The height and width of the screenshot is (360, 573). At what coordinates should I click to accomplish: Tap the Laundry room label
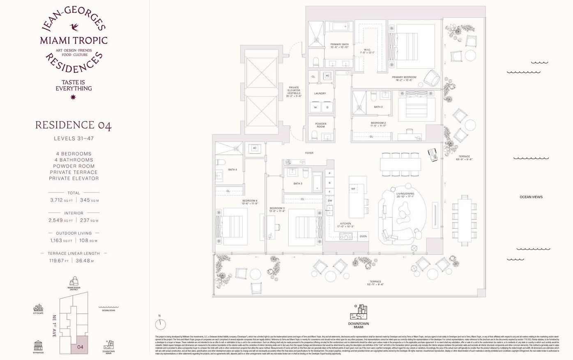click(x=320, y=93)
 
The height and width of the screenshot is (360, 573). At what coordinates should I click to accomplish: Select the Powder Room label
click(x=321, y=125)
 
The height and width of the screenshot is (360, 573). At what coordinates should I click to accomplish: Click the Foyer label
click(x=309, y=153)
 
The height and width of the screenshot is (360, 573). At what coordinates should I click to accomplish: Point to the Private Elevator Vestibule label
click(x=294, y=92)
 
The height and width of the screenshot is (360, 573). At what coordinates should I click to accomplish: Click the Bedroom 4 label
click(x=250, y=202)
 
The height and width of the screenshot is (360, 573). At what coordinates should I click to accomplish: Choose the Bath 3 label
click(x=298, y=183)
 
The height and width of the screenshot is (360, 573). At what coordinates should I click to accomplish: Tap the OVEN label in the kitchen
click(x=363, y=236)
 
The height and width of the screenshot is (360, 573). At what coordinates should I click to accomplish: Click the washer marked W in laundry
click(x=316, y=107)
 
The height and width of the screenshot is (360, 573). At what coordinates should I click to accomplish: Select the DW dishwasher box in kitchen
click(x=330, y=201)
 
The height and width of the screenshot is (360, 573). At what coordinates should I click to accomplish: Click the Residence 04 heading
click(x=74, y=125)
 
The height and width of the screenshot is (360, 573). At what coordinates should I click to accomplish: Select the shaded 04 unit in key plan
click(x=80, y=347)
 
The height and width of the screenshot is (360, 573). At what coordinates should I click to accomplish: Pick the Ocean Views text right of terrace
click(x=531, y=197)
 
